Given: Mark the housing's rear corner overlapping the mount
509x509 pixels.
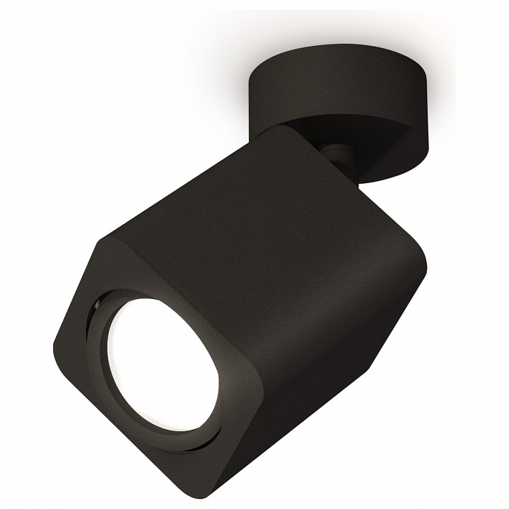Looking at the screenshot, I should click(286, 131).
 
